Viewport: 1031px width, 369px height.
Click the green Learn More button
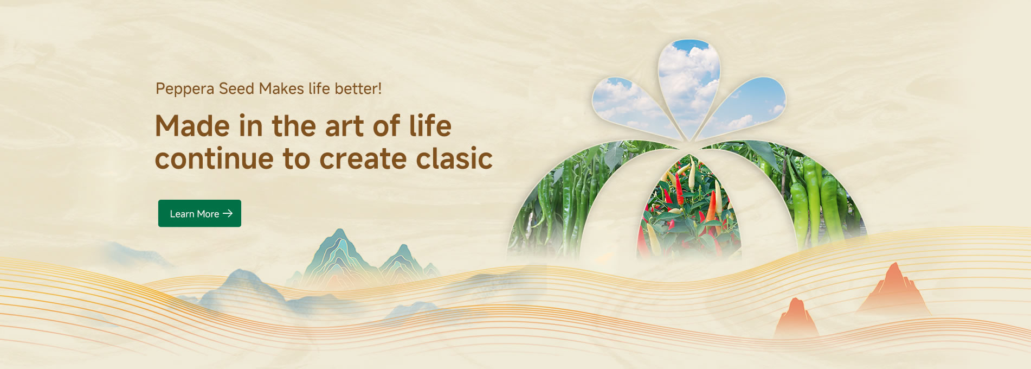(199, 213)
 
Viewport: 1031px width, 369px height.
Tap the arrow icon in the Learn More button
(228, 213)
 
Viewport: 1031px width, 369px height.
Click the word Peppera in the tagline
(185, 89)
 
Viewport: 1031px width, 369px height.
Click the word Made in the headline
(192, 126)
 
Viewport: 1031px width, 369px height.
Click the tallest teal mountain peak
(339, 255)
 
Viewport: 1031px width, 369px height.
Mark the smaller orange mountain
(796, 317)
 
